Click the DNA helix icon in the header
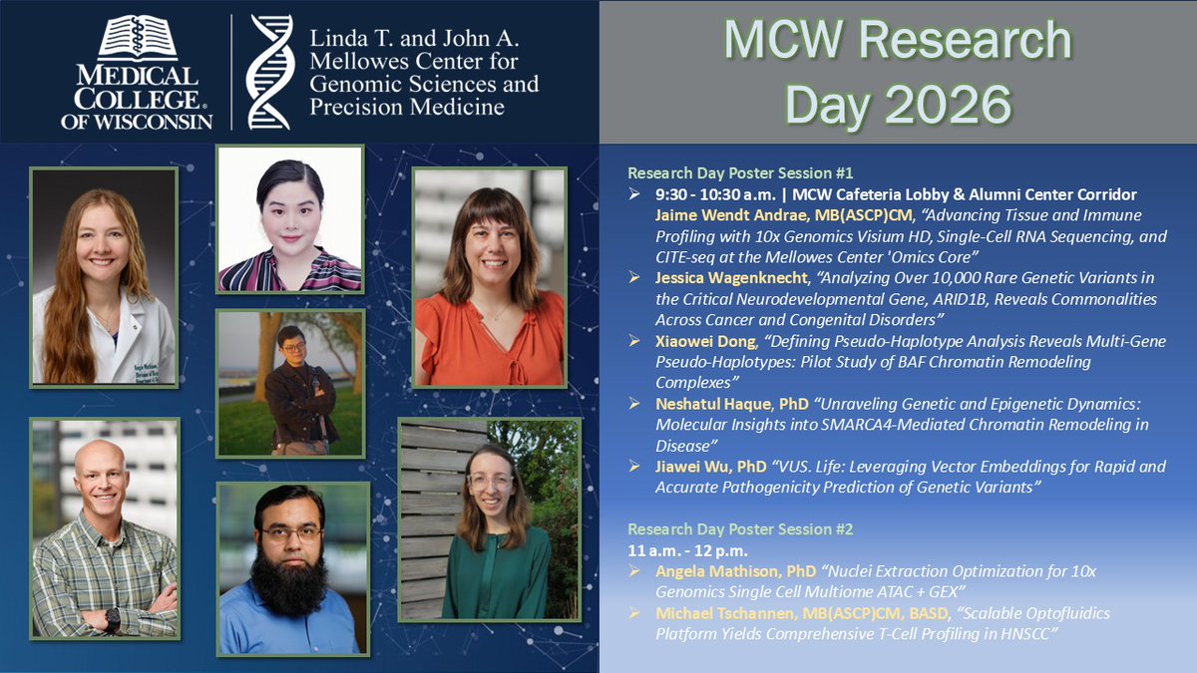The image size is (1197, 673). tap(268, 72)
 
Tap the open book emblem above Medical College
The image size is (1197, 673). tap(137, 40)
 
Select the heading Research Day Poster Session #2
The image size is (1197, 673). tap(740, 529)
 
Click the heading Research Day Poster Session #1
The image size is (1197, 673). tap(740, 171)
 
